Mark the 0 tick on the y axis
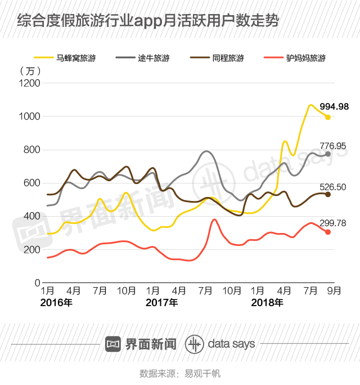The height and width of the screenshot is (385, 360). click(x=37, y=283)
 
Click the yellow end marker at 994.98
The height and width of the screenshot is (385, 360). click(x=328, y=117)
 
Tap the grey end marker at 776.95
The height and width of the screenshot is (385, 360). click(x=328, y=154)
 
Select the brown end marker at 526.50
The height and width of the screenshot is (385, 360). click(x=328, y=195)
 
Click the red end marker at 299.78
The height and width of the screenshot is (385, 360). click(x=328, y=232)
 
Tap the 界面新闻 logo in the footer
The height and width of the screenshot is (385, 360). click(x=141, y=344)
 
